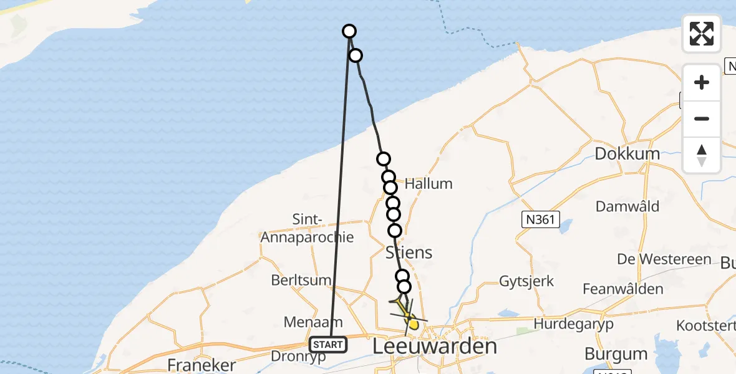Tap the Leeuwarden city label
click(435, 347)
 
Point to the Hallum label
click(429, 184)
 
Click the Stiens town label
click(409, 252)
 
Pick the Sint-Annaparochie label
click(307, 228)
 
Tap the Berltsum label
click(301, 280)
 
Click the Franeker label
click(201, 365)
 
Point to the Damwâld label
click(627, 206)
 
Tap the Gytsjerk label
click(526, 281)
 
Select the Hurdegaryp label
click(573, 324)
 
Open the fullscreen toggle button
click(702, 34)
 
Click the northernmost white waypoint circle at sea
click(349, 31)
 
